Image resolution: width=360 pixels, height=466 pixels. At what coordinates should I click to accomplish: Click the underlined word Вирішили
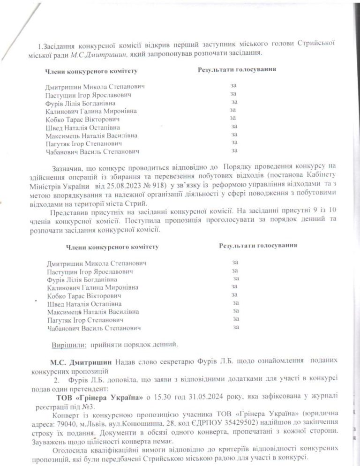(x=69, y=346)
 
